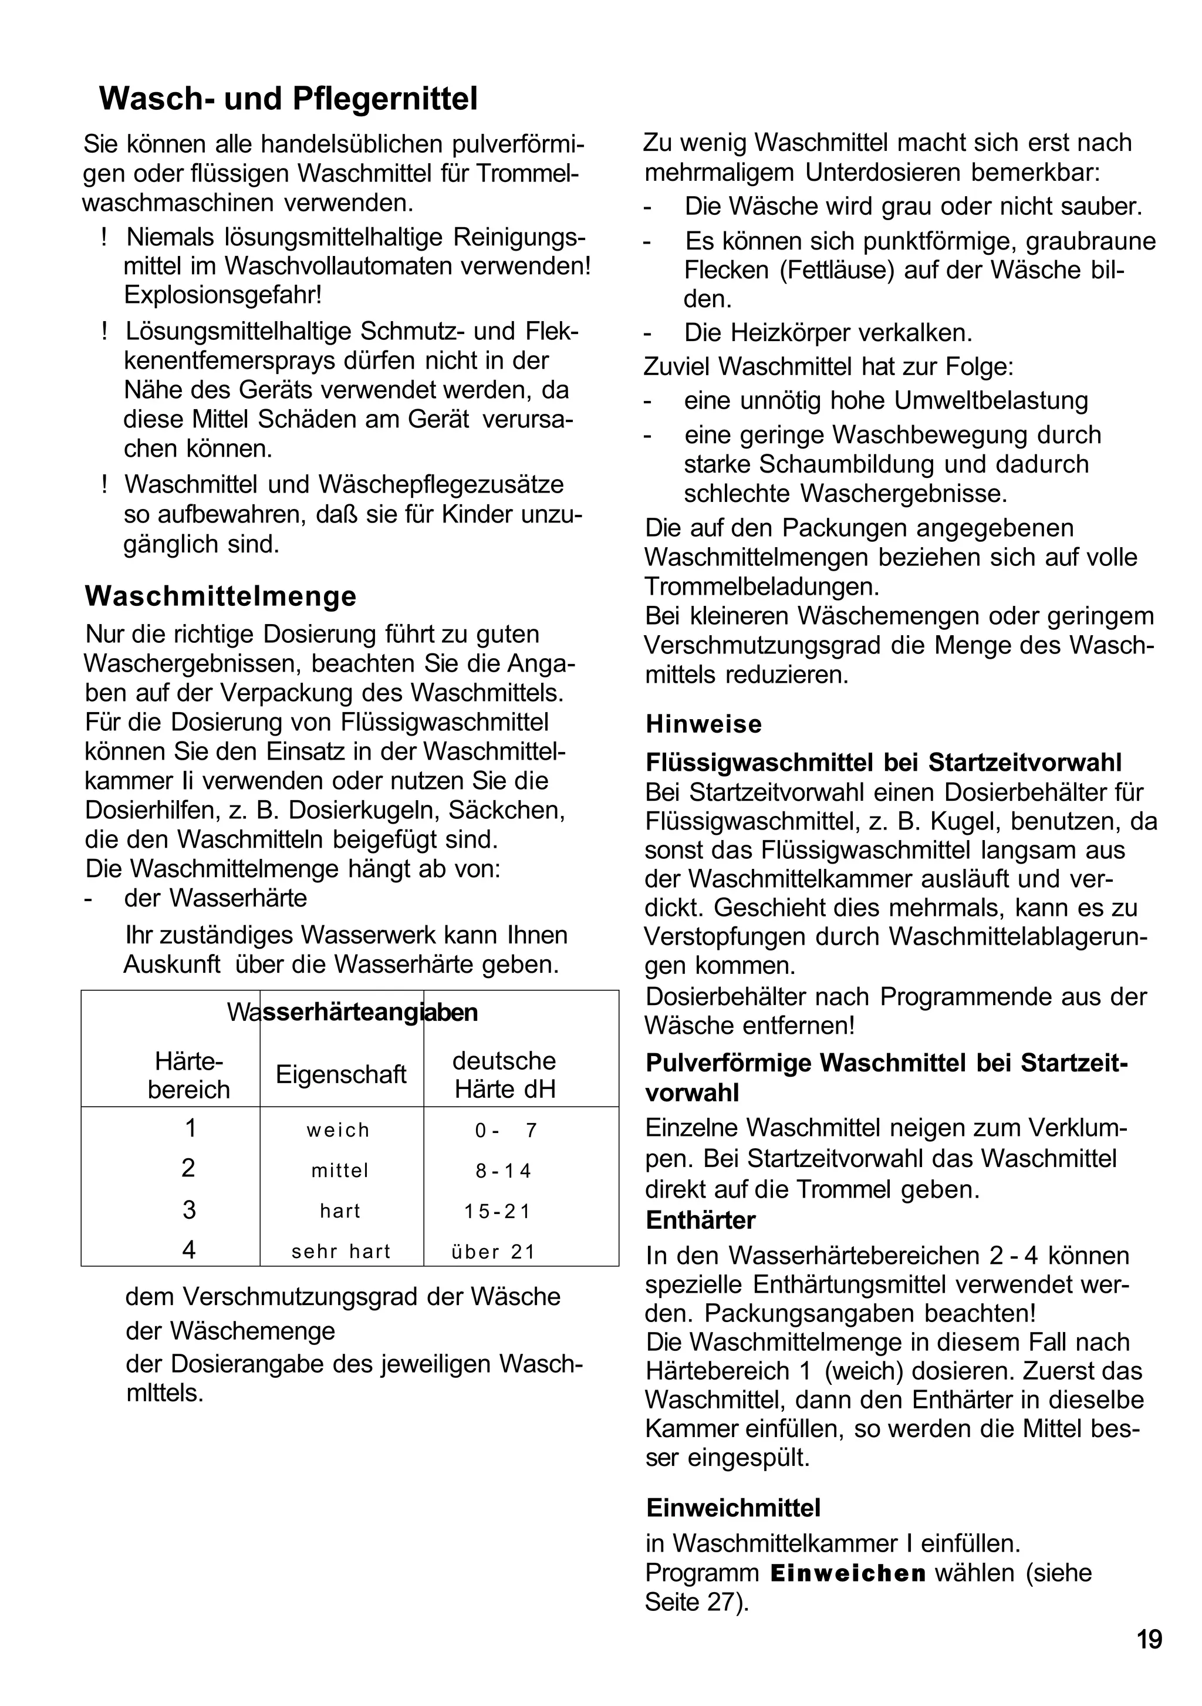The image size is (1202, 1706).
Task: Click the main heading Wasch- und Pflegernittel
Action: (288, 99)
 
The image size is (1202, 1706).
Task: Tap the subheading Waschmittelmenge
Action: (221, 596)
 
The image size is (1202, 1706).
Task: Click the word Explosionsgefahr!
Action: (223, 295)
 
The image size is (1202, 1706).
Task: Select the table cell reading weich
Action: (338, 1130)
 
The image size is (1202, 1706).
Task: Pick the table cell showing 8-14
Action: (504, 1171)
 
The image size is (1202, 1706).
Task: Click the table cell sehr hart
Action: (341, 1251)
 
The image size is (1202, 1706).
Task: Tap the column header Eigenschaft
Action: (341, 1074)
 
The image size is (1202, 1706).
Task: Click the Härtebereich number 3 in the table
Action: (189, 1211)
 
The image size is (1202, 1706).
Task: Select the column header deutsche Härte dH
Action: (504, 1074)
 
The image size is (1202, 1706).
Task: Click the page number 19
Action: (1149, 1639)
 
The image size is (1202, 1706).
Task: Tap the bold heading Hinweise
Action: (704, 724)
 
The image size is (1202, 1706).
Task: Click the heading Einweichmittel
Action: (733, 1508)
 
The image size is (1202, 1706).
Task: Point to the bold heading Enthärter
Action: (701, 1220)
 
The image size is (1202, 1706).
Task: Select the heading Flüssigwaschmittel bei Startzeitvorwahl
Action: (883, 763)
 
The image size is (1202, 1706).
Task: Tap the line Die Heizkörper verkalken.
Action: (828, 333)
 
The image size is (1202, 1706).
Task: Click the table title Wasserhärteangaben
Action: (352, 1012)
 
